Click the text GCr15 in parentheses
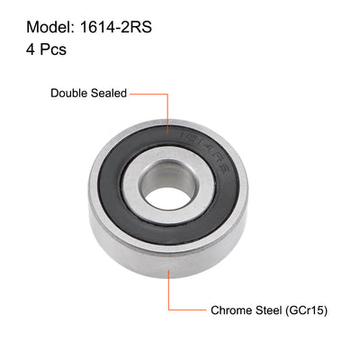[x=310, y=310]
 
